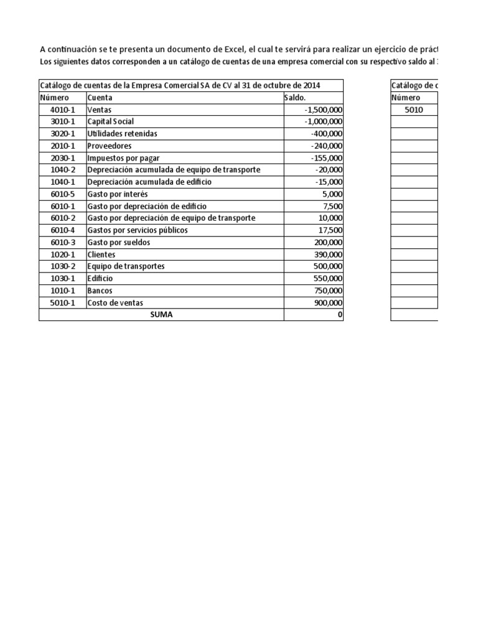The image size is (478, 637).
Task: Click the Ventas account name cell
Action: [x=99, y=109]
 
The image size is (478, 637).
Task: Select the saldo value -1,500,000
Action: [x=323, y=109]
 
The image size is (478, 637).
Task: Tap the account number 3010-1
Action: [x=62, y=121]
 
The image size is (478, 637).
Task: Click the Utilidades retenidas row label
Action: [x=122, y=134]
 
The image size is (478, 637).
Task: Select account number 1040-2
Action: [x=62, y=170]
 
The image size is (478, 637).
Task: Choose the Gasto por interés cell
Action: [x=113, y=194]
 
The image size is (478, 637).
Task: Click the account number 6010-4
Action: [x=62, y=230]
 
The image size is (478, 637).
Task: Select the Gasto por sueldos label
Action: [x=119, y=242]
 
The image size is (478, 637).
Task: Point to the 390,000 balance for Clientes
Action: [x=327, y=254]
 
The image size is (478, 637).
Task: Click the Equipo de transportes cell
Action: [x=126, y=266]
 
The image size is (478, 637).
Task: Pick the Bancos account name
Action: [x=100, y=291]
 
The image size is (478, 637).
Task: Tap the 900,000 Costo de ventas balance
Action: [x=327, y=302]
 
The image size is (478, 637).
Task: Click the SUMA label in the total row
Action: [x=161, y=315]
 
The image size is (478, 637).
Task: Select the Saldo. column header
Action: [x=295, y=98]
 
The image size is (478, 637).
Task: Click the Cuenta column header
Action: [x=100, y=98]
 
